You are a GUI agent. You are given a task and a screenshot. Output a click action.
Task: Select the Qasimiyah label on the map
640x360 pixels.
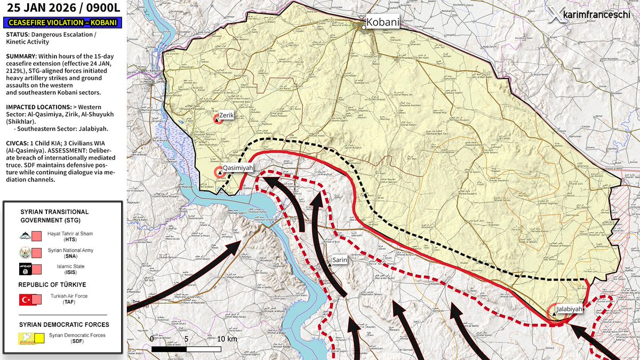pyautogui.click(x=237, y=167)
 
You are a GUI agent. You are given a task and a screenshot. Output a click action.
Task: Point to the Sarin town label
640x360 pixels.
pyautogui.click(x=340, y=260)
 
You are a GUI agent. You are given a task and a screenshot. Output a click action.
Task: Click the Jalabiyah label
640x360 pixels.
pyautogui.click(x=569, y=309)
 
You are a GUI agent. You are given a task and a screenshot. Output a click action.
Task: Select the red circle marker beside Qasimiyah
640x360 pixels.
pyautogui.click(x=219, y=172)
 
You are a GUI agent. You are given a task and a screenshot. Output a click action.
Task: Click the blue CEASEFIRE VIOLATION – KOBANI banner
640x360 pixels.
pyautogui.click(x=62, y=23)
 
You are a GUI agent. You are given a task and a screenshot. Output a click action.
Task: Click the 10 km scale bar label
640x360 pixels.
pyautogui.click(x=227, y=339)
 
